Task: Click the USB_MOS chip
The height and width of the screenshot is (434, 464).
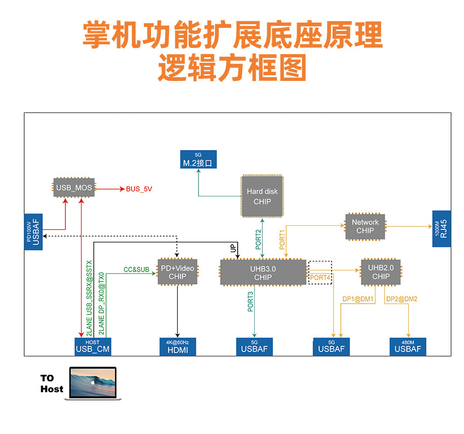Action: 74,188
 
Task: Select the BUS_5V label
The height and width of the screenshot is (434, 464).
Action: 139,189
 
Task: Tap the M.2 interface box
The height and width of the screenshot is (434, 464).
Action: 198,160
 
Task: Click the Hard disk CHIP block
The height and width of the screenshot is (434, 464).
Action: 262,196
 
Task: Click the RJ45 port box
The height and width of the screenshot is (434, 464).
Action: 441,229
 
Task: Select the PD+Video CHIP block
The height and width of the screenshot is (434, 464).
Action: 177,273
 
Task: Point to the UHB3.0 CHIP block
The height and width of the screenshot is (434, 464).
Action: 263,273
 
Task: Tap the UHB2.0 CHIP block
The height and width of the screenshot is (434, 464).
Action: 381,272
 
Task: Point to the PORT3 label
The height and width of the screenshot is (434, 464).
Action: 251,302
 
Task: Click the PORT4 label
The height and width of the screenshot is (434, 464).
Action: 320,278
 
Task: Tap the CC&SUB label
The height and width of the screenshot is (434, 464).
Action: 137,270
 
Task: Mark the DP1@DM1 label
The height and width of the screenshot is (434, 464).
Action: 358,299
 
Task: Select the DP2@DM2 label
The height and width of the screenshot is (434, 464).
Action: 402,299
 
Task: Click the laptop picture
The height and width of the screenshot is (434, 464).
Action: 93,383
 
